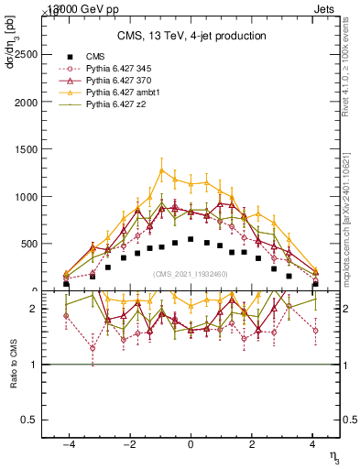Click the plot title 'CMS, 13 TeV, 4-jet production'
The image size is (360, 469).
191,36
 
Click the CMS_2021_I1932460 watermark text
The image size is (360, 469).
191,274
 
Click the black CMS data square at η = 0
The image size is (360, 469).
191,239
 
